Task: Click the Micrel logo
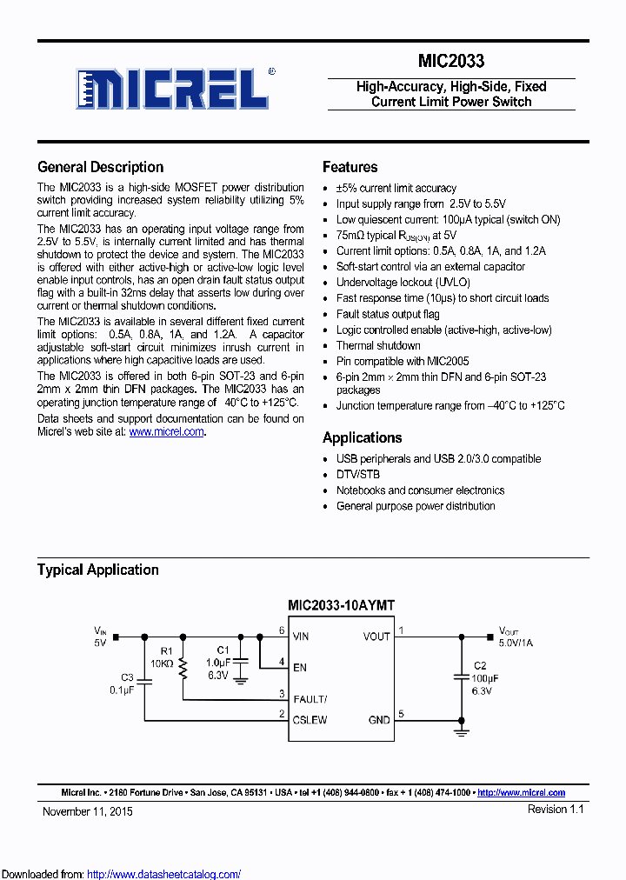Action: point(174,88)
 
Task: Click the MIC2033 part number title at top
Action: point(451,61)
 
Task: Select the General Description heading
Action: point(100,167)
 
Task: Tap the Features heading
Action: point(350,167)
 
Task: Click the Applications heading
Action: point(362,437)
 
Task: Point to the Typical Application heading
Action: point(97,570)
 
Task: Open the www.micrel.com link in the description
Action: point(166,431)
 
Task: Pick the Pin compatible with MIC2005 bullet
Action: point(403,361)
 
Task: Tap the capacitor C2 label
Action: point(479,665)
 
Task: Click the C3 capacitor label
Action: point(127,677)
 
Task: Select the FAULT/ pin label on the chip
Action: point(310,698)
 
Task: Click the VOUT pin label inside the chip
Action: point(376,637)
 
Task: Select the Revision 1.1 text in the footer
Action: point(555,809)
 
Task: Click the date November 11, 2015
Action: point(88,810)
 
